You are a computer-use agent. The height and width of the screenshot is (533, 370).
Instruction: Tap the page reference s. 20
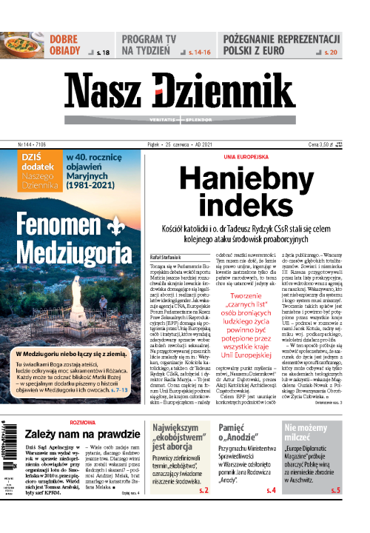click(332, 53)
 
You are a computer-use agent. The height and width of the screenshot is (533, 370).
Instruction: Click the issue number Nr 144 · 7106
click(32, 146)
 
